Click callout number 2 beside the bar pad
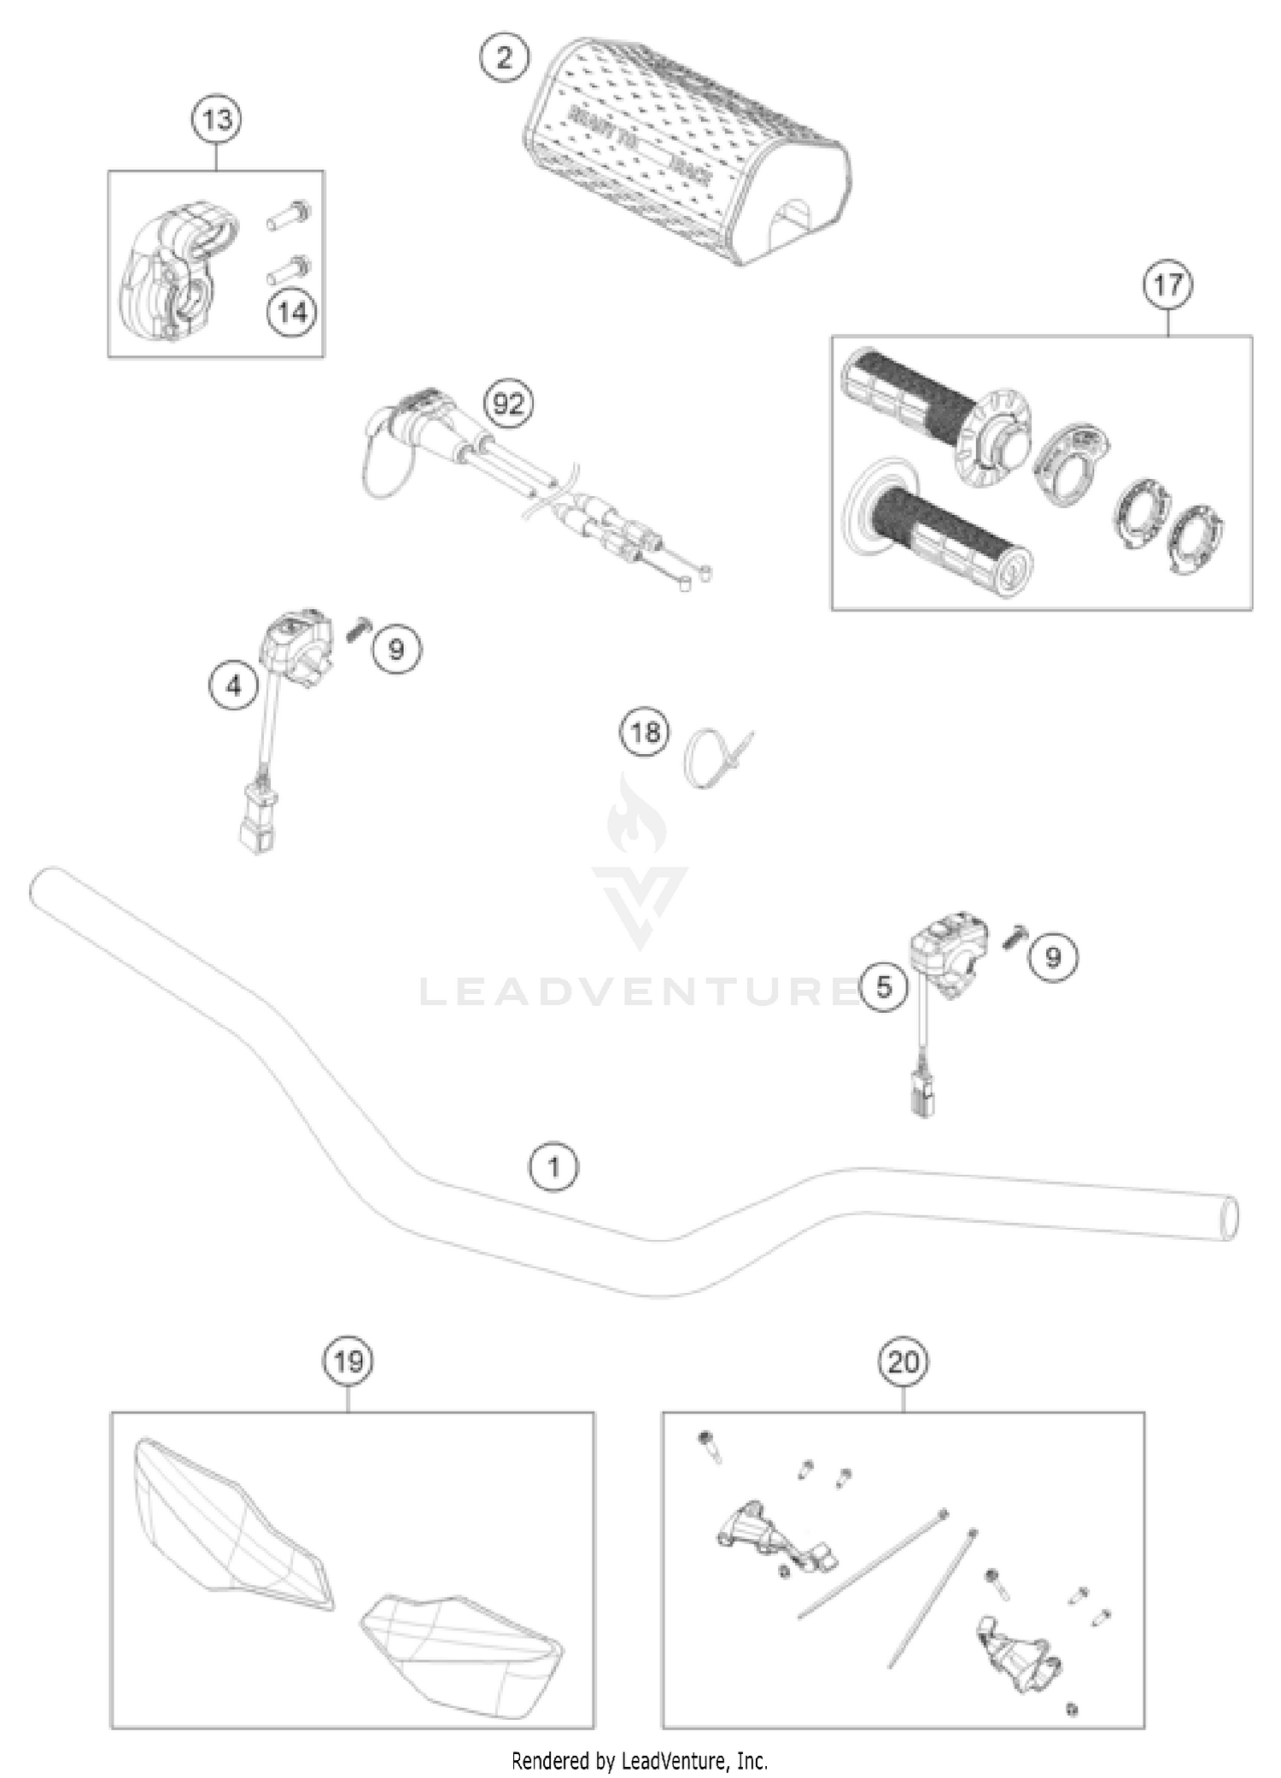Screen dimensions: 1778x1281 504,58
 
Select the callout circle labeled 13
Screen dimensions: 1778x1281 216,120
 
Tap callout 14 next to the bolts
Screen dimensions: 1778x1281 292,313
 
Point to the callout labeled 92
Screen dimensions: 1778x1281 508,402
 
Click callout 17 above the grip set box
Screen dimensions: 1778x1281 1167,284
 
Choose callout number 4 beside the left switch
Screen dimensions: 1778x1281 235,686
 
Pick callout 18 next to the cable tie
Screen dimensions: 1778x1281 645,732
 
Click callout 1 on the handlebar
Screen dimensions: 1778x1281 553,1167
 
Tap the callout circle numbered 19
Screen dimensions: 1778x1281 348,1361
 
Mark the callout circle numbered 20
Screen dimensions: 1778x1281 904,1362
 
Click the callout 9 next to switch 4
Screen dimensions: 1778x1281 396,650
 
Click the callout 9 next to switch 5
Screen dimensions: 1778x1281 1052,957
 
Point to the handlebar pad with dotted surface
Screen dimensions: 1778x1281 683,154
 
